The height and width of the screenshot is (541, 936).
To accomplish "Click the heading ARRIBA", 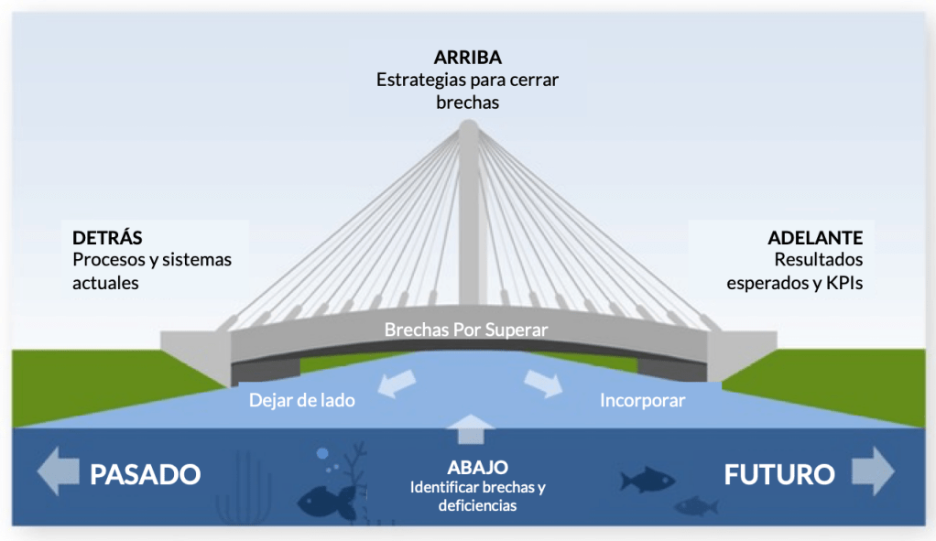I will pos(467,58).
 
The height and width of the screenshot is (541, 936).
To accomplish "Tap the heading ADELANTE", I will pos(815,238).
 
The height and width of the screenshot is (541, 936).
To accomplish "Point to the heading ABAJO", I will pos(477,467).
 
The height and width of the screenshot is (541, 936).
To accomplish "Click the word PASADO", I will pos(144,474).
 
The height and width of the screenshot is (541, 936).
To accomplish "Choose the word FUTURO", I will pos(779,474).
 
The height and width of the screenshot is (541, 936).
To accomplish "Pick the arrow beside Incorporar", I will pos(544,383).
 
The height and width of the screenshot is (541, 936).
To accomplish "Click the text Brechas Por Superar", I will pos(466,330).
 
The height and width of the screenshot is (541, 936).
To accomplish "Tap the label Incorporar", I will pos(642,400).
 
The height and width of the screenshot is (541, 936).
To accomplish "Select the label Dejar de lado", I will pos(301,400).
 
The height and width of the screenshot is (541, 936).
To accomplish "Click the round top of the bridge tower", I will pos(468,130).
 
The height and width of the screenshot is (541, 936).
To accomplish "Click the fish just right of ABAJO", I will pos(647,480).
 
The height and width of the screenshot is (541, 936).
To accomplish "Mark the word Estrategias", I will pos(419,80).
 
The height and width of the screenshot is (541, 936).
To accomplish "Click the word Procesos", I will pos(107,260).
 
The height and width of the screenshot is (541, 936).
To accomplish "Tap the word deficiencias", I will pos(477,505).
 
